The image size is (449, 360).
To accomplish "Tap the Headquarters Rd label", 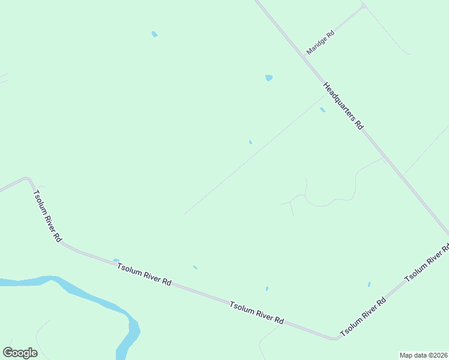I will click(x=343, y=106).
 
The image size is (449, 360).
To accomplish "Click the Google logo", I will click(x=20, y=353).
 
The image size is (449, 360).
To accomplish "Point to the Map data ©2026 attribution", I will click(x=423, y=355).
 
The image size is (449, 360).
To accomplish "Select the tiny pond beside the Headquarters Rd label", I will click(x=322, y=110).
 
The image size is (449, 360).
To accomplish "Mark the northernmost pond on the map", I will click(x=154, y=34).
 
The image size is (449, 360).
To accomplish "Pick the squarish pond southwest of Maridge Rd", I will click(x=268, y=77).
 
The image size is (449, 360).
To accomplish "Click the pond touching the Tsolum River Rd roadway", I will click(x=116, y=260).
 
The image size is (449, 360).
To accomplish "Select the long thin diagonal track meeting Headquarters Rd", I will click(x=252, y=156).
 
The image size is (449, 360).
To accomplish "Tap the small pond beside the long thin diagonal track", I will click(x=250, y=142).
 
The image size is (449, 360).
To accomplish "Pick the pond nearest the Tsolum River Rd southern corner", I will click(x=369, y=284).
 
